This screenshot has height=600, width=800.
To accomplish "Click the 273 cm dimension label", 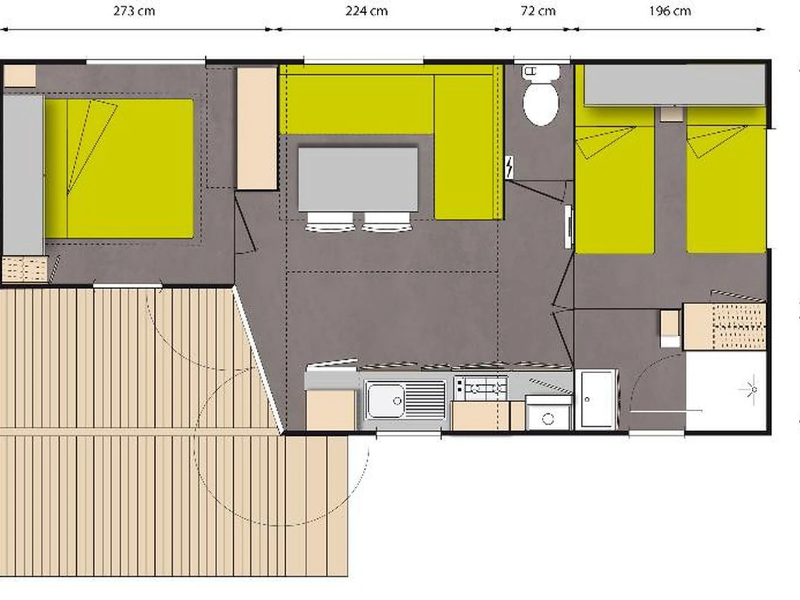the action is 134,11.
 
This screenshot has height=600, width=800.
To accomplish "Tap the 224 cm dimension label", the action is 366,11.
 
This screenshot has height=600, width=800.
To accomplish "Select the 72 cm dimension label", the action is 538,11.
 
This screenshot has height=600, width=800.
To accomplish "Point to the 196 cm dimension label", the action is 670,11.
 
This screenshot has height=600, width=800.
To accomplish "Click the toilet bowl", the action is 541,105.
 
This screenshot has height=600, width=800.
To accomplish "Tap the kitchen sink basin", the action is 386,400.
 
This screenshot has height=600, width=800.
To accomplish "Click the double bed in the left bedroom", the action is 119,169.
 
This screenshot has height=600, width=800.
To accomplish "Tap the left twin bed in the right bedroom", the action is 615,190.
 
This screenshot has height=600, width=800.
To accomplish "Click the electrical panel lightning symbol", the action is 509,167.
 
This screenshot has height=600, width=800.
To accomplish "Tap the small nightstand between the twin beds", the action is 672,114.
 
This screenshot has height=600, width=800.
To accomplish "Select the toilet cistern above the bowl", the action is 540,71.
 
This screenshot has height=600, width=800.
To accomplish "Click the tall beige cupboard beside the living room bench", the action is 257,128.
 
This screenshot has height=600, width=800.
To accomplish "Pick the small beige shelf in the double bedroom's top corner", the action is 20,76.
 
